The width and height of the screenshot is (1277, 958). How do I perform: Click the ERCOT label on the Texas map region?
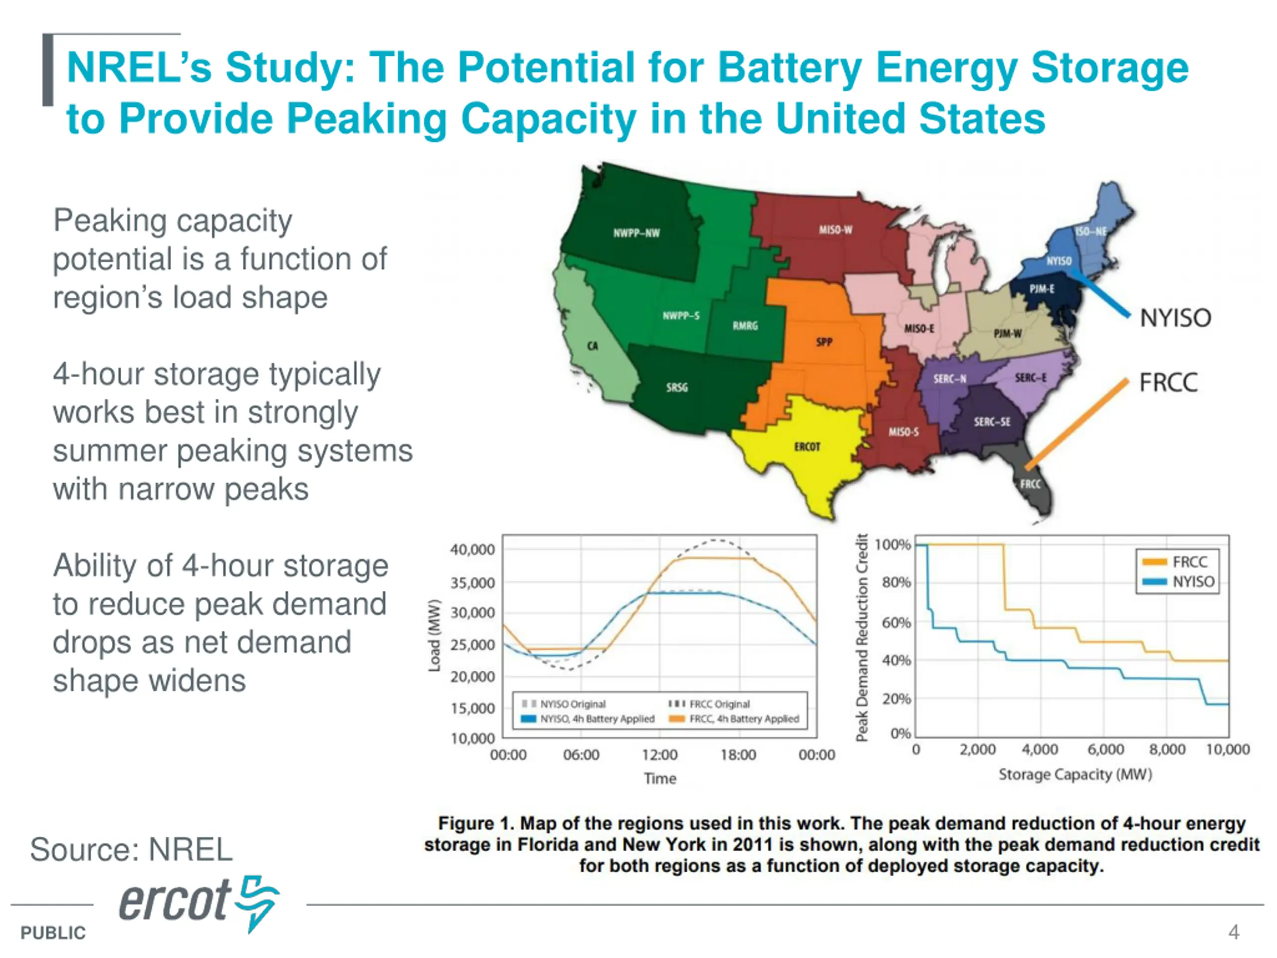[x=807, y=447]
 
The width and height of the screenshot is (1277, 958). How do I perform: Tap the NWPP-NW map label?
[x=636, y=234]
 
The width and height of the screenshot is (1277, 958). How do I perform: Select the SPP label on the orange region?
[x=825, y=342]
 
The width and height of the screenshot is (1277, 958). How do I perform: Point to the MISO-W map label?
[x=836, y=230]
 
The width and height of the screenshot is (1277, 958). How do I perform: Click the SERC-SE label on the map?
[x=992, y=422]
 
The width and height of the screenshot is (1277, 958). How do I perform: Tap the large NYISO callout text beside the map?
[x=1175, y=318]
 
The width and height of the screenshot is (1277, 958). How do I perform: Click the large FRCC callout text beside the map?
[x=1168, y=383]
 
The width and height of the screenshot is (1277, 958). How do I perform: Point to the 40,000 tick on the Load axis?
[x=472, y=550]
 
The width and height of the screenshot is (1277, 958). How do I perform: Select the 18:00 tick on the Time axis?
[x=738, y=755]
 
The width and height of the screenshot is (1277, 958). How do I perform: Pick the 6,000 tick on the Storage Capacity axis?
[x=1105, y=749]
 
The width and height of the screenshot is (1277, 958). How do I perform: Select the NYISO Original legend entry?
[x=572, y=704]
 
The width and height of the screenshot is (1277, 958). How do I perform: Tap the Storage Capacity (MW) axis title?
[x=1075, y=774]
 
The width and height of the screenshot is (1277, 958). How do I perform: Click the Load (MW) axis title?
[x=434, y=636]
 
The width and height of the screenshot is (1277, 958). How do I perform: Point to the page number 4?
[x=1234, y=932]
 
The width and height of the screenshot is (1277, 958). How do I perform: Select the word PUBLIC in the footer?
[x=53, y=933]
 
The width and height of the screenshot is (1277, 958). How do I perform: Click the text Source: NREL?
[x=131, y=849]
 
